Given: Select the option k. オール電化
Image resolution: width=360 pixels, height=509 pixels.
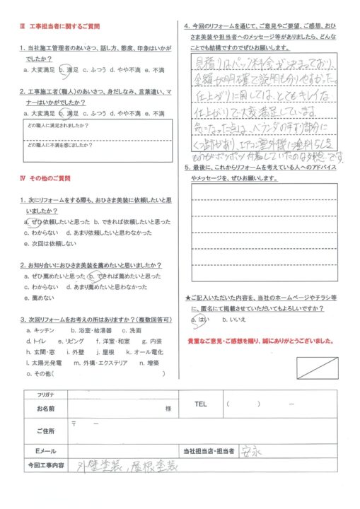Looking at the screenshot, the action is pyautogui.click(x=144, y=351).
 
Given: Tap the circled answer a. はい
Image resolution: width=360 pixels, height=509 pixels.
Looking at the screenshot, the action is pyautogui.click(x=202, y=320).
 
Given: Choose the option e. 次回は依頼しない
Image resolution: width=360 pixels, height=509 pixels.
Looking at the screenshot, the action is pyautogui.click(x=50, y=241).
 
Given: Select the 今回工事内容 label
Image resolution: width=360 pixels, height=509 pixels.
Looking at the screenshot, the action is pyautogui.click(x=45, y=466).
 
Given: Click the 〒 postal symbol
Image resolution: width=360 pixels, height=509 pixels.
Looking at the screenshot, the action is pyautogui.click(x=74, y=422).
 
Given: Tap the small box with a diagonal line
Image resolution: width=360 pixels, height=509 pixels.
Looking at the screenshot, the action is pyautogui.click(x=315, y=368).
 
